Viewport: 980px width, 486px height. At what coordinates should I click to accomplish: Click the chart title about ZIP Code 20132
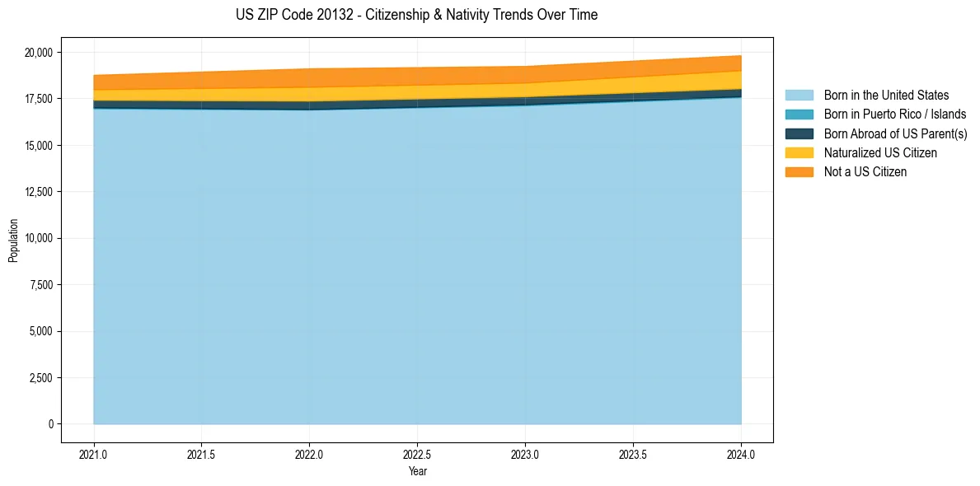(417, 15)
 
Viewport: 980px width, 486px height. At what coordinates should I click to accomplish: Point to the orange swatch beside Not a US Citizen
(799, 172)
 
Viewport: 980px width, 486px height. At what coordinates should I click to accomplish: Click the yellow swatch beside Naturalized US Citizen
(799, 153)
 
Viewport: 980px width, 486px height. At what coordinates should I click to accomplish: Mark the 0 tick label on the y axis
(49, 424)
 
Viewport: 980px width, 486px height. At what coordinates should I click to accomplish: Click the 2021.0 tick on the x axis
(94, 453)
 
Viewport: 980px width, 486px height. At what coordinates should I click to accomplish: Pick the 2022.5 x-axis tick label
(417, 453)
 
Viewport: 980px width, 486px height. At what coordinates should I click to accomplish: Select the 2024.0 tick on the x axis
(741, 453)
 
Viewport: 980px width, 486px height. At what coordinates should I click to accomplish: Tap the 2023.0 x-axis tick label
(525, 453)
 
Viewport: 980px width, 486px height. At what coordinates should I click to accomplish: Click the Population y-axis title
(13, 241)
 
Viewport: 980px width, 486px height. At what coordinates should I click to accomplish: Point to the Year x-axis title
(417, 471)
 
